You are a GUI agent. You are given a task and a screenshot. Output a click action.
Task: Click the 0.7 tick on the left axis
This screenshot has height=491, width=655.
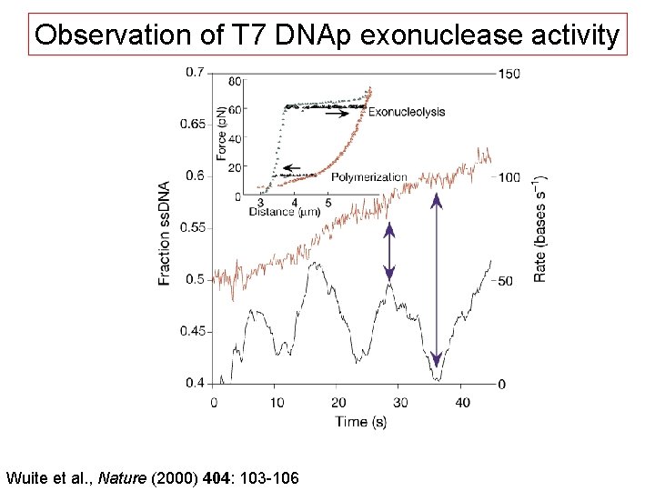click(x=195, y=72)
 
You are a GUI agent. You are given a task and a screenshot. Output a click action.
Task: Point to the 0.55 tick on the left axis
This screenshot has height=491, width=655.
click(x=191, y=227)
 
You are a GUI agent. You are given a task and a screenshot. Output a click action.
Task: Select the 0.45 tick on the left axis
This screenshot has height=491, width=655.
click(x=191, y=331)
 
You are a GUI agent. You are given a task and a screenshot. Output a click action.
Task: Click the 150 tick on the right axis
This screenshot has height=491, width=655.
click(x=509, y=74)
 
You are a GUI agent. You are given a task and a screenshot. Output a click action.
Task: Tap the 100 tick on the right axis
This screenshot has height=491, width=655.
click(x=509, y=177)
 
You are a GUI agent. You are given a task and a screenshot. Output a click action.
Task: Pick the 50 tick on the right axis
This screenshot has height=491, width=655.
click(x=506, y=280)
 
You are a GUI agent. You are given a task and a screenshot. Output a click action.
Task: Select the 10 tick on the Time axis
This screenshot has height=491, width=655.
click(x=277, y=402)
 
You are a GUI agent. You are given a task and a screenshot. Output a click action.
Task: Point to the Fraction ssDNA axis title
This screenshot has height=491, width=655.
click(x=165, y=232)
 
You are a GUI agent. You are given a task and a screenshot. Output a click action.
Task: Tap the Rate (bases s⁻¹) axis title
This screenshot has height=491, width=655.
click(x=541, y=227)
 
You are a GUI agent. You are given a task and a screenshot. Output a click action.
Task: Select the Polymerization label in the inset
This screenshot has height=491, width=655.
click(x=369, y=176)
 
